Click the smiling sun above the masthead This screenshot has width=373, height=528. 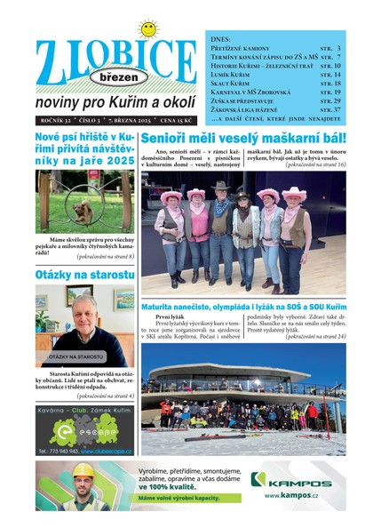point(147,28)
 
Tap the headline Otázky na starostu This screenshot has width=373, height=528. point(79,276)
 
